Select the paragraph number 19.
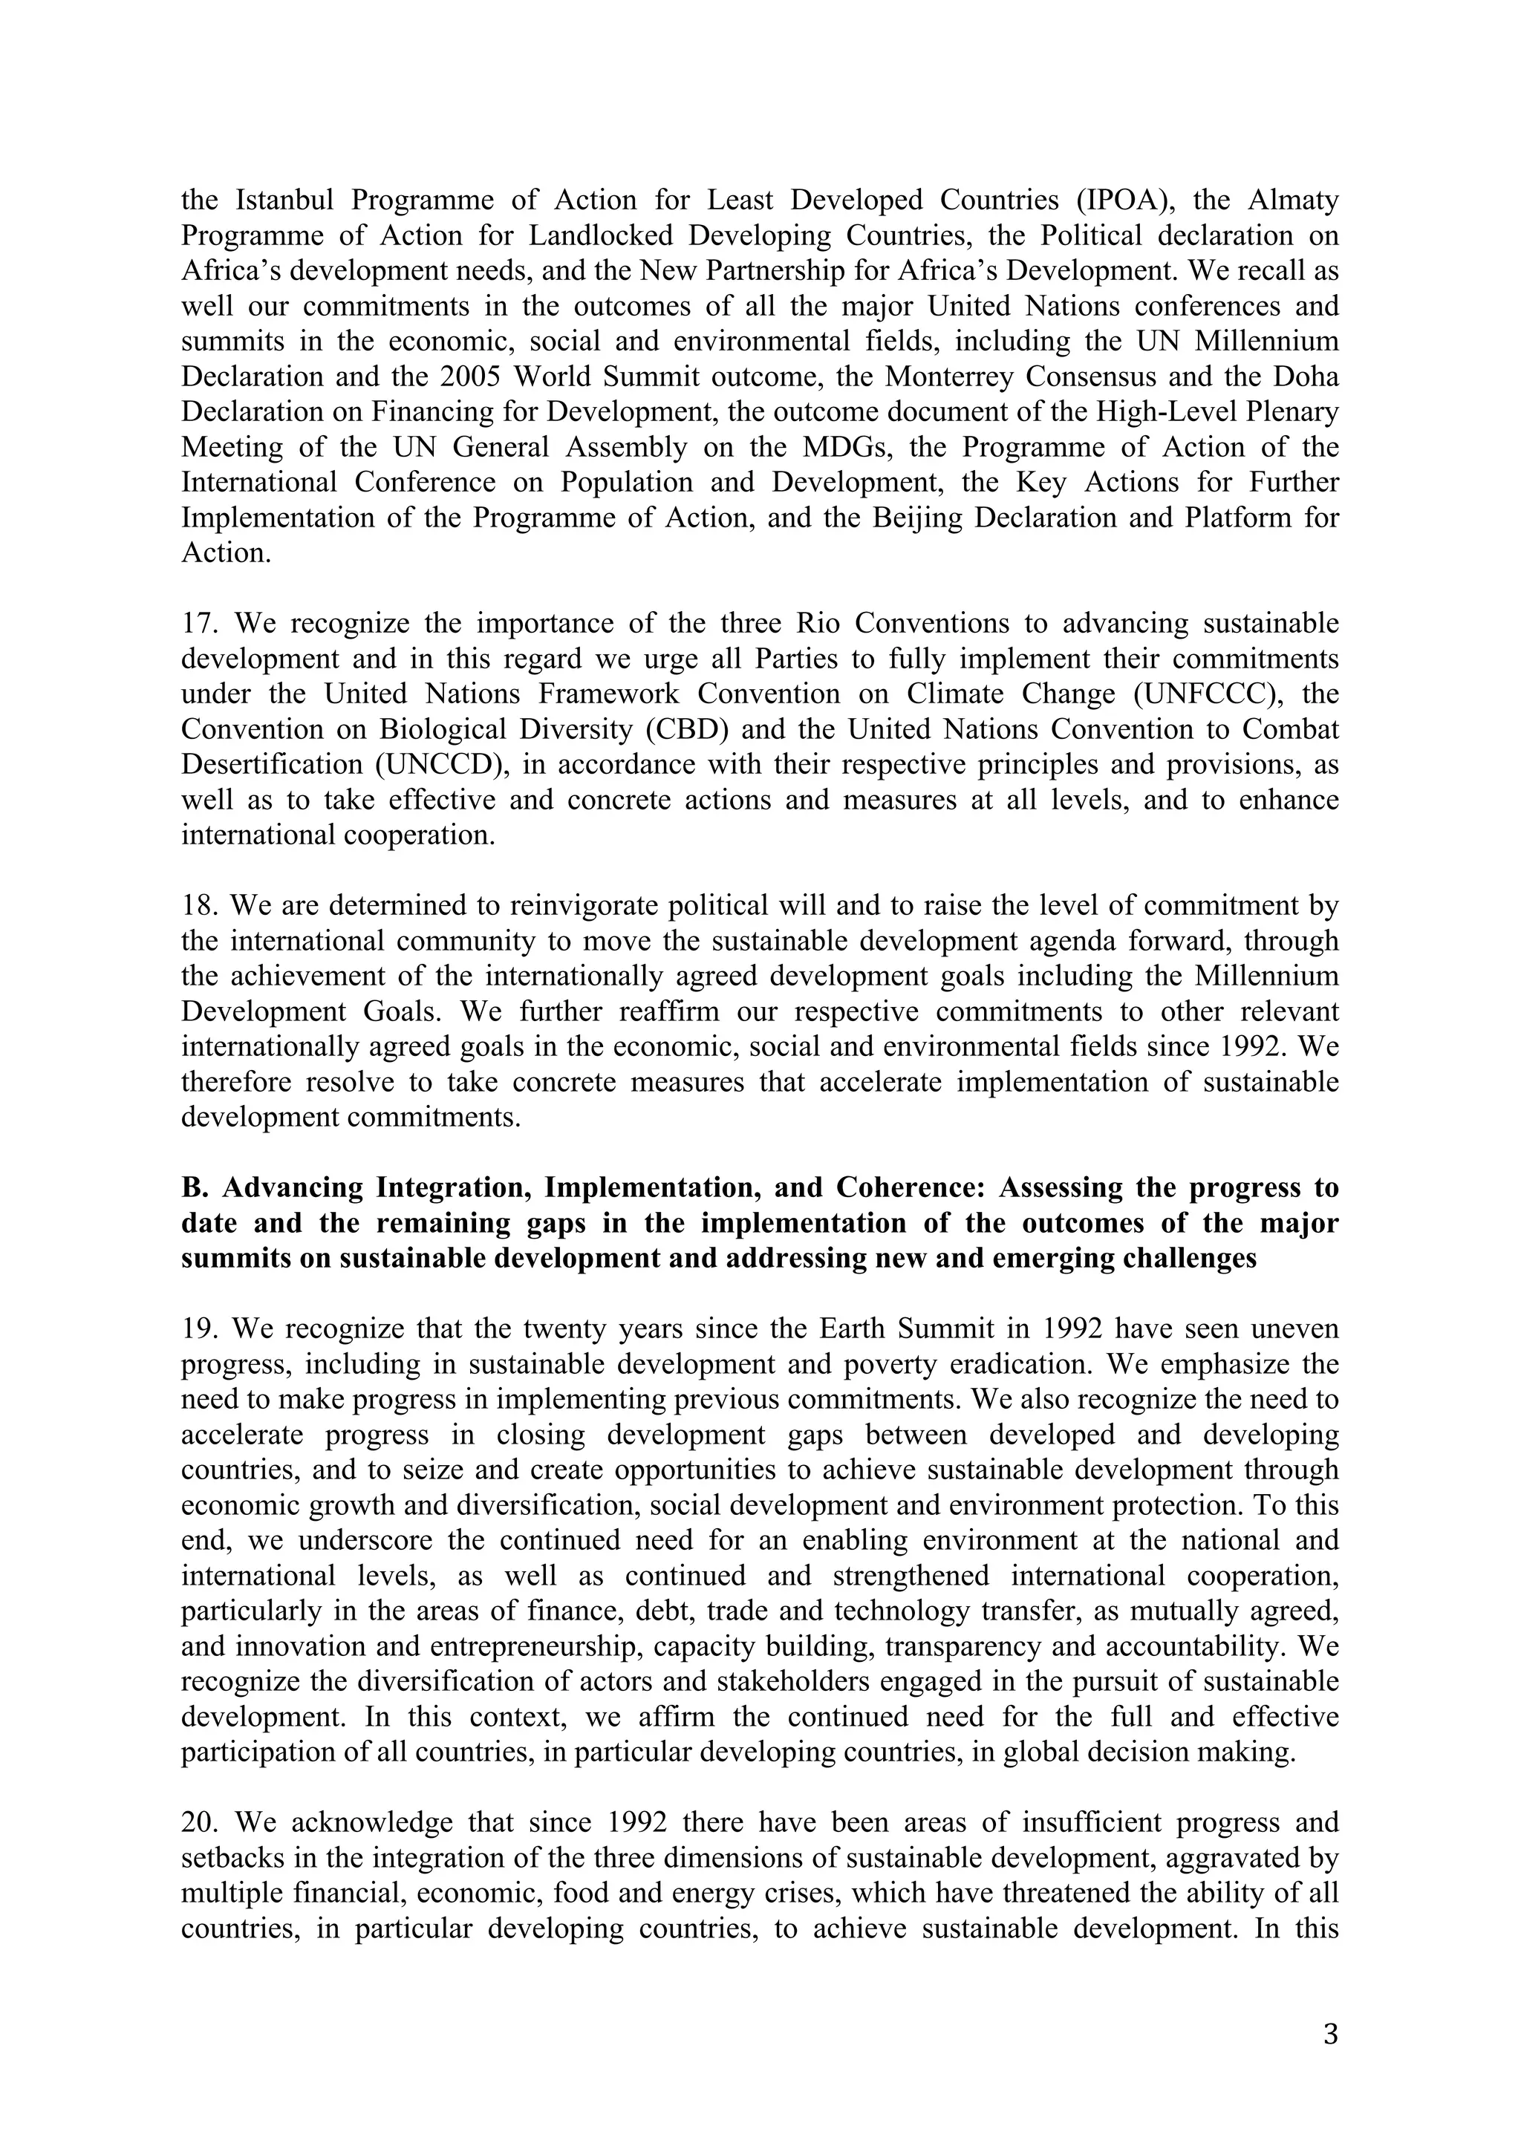[x=199, y=1329]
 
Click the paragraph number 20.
[x=200, y=1823]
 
